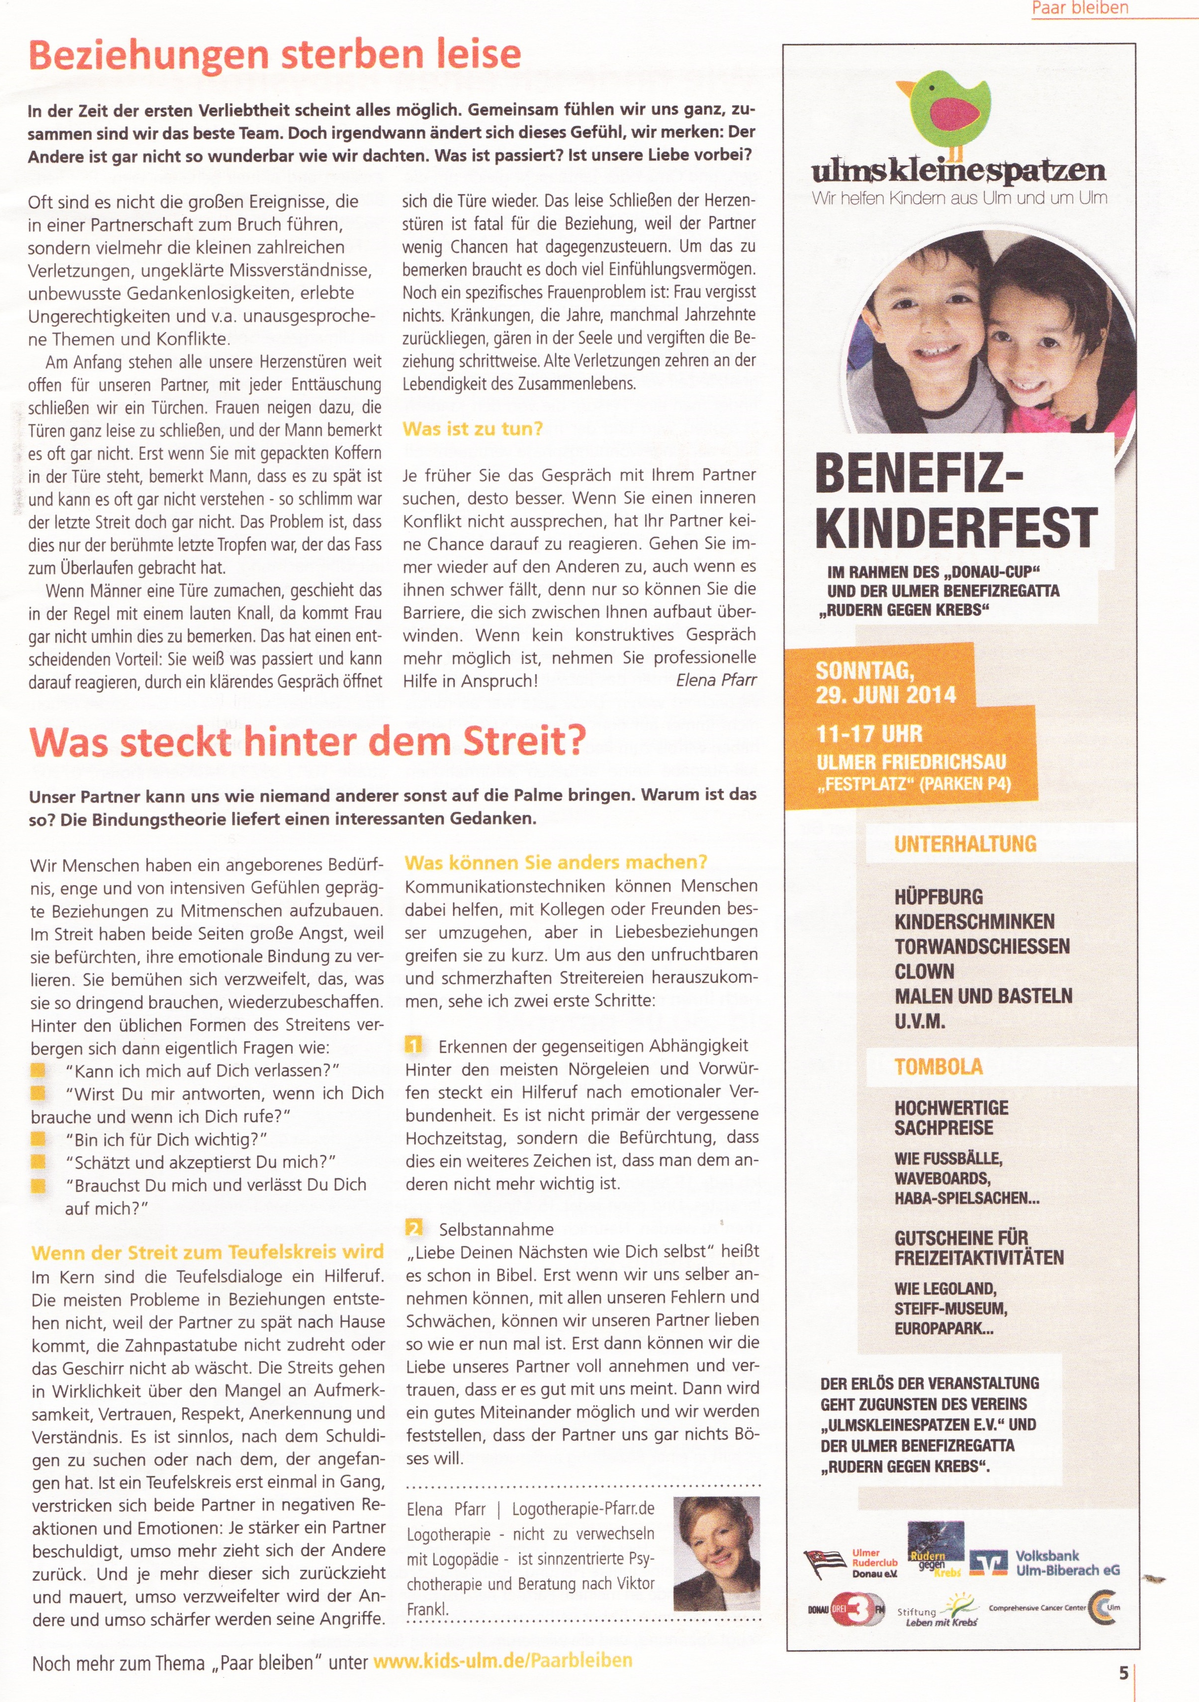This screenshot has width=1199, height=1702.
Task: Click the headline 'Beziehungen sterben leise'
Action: pos(274,55)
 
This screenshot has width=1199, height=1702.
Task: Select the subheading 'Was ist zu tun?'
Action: pos(472,428)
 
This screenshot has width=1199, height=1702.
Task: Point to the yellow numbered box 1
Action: pos(414,1045)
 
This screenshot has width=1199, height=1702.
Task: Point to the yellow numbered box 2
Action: pos(414,1229)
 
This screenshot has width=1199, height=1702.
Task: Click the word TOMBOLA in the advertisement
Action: pos(938,1066)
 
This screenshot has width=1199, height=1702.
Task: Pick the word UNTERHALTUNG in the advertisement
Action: pos(965,844)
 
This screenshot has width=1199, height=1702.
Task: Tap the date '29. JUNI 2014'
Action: pos(886,695)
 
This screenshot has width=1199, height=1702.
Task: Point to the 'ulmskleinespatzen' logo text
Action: pos(958,170)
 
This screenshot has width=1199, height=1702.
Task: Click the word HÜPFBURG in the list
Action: pos(938,897)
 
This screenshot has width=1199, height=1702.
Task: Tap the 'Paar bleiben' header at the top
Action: pos(1080,8)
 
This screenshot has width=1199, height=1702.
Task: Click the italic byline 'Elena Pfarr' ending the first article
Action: pos(715,680)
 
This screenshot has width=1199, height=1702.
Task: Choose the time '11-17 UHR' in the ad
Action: pos(869,734)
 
